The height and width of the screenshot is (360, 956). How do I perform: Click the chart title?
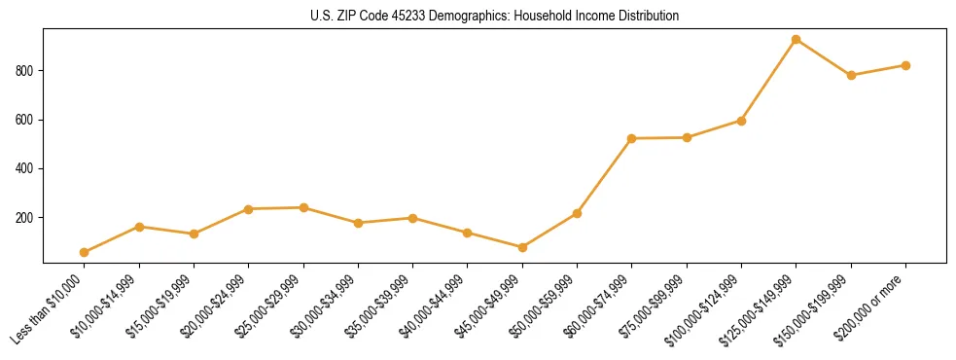[495, 17]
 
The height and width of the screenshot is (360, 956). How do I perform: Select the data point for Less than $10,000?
[85, 252]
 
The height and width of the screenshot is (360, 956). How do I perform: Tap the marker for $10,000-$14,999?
[139, 227]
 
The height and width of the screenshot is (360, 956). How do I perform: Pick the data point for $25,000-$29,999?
[303, 207]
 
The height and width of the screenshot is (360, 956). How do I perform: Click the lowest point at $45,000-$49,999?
[522, 247]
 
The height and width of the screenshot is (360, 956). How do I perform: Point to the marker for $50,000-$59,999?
[577, 213]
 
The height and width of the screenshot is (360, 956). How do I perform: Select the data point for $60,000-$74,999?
[632, 138]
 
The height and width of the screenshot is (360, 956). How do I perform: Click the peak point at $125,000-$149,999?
[796, 40]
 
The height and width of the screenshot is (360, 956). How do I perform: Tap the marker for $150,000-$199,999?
[851, 75]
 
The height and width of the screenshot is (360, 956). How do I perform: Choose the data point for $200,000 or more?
[905, 65]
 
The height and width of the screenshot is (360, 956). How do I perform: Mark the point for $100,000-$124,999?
[741, 121]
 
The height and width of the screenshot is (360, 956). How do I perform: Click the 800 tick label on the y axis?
[26, 71]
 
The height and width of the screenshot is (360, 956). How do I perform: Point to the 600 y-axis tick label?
[26, 120]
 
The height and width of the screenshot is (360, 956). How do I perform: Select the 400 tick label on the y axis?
[26, 168]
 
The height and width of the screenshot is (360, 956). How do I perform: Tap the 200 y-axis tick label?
[26, 218]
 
